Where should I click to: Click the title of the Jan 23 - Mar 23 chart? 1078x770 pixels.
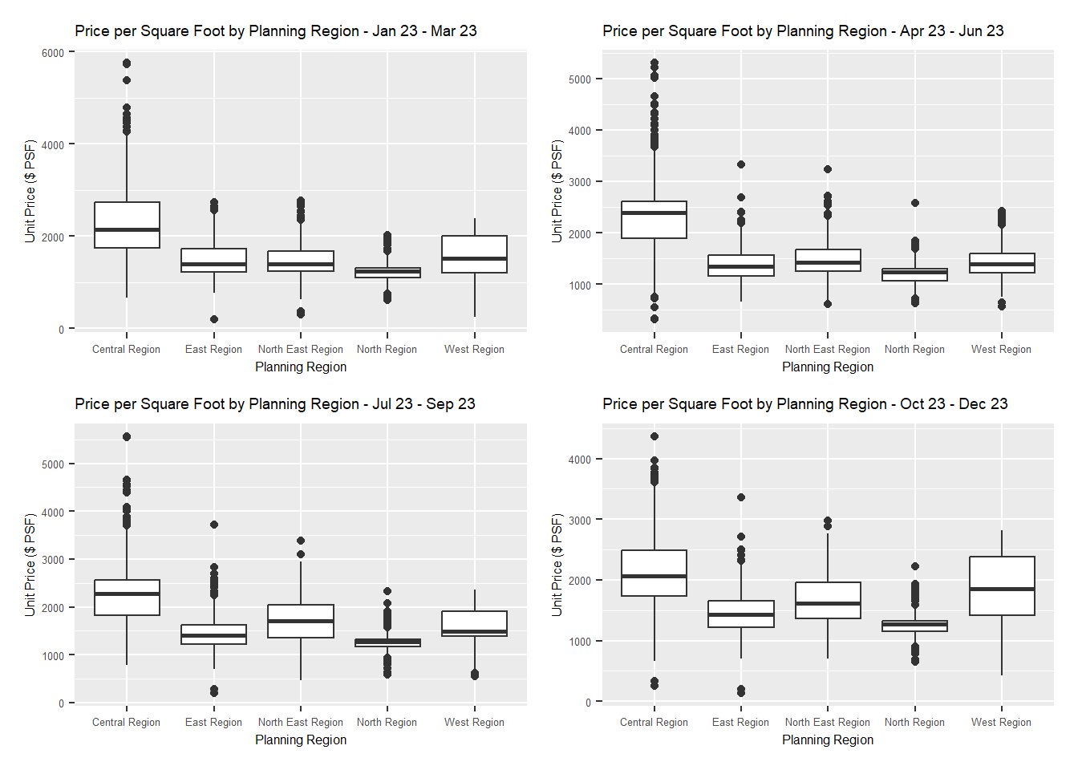pyautogui.click(x=276, y=31)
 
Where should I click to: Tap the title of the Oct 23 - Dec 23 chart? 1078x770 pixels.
pyautogui.click(x=804, y=404)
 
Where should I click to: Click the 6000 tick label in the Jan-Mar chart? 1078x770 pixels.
pyautogui.click(x=53, y=53)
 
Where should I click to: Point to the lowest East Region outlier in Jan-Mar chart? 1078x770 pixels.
pyautogui.click(x=214, y=319)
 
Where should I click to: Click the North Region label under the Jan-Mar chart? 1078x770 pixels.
pyautogui.click(x=387, y=350)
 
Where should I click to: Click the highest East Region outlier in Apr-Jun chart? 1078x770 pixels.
pyautogui.click(x=741, y=164)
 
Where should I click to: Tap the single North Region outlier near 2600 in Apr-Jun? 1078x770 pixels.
pyautogui.click(x=915, y=203)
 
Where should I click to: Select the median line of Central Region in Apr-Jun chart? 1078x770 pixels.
pyautogui.click(x=654, y=213)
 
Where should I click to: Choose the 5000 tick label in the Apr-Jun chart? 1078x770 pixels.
pyautogui.click(x=580, y=79)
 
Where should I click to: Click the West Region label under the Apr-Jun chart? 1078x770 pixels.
pyautogui.click(x=1001, y=350)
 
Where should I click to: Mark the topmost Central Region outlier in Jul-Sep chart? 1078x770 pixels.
pyautogui.click(x=127, y=437)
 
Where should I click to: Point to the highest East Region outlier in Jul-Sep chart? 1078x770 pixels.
pyautogui.click(x=214, y=525)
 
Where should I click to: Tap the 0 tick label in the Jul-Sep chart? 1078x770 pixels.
pyautogui.click(x=61, y=703)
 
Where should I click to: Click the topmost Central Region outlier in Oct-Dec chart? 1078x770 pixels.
pyautogui.click(x=654, y=436)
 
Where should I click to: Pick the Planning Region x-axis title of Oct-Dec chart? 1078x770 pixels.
pyautogui.click(x=828, y=740)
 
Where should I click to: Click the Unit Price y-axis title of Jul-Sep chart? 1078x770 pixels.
pyautogui.click(x=30, y=565)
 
